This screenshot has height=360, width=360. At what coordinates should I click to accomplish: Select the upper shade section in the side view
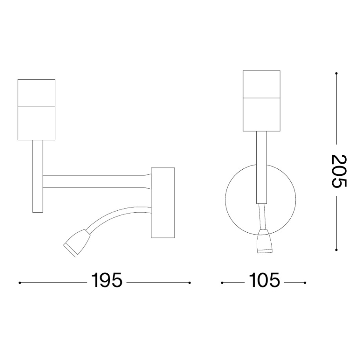[x=36, y=92]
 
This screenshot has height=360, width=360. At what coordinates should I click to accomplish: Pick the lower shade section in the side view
[x=36, y=123]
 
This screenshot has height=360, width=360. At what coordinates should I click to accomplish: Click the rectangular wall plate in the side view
[x=163, y=202]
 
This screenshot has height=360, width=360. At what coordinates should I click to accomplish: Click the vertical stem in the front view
[x=261, y=166]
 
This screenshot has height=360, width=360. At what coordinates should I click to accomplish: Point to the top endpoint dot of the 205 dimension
[x=336, y=74]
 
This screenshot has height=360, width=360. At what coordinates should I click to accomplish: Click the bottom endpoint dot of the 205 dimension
[x=336, y=249]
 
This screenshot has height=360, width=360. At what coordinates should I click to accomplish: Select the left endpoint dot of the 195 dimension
[x=20, y=283]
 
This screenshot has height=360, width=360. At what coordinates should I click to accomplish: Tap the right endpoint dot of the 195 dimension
[x=190, y=283]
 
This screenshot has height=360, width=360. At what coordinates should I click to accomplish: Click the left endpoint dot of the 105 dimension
[x=222, y=283]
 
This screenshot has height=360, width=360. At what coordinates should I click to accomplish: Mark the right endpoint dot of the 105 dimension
[x=306, y=283]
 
